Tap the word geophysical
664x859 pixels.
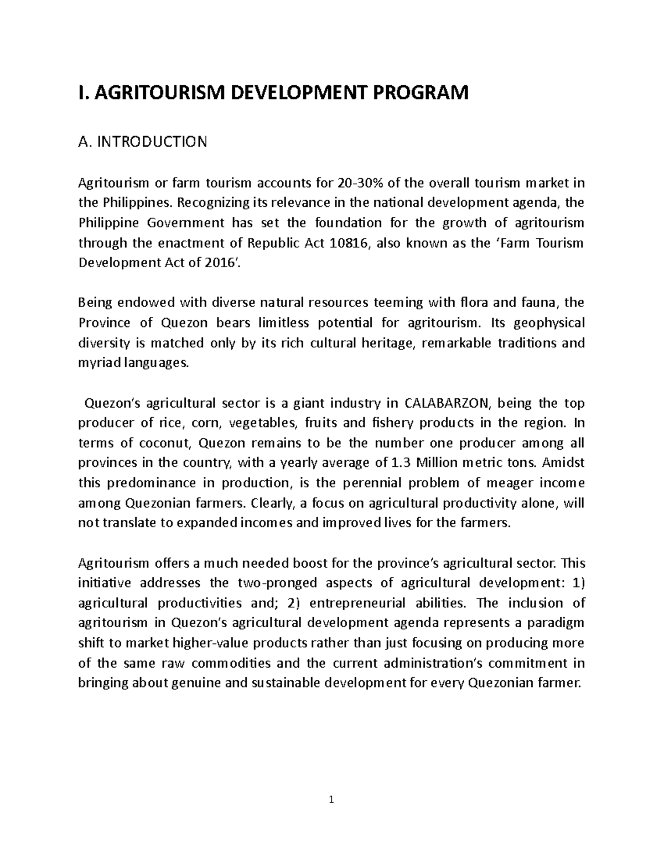549,322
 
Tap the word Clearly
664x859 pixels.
269,503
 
